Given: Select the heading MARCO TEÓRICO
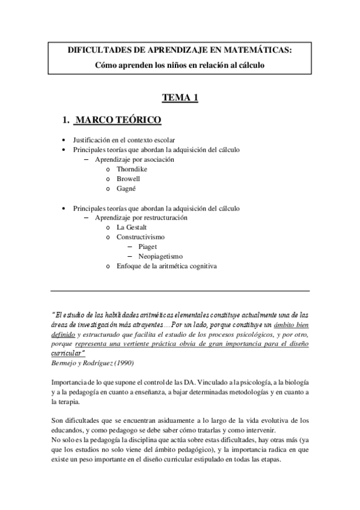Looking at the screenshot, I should pyautogui.click(x=118, y=121).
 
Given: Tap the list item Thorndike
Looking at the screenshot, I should pyautogui.click(x=132, y=170).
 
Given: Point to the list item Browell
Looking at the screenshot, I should pyautogui.click(x=128, y=179).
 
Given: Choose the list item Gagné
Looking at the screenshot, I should pyautogui.click(x=126, y=189).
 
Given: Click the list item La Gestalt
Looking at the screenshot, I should pyautogui.click(x=132, y=227).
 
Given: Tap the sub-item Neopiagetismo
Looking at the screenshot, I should pyautogui.click(x=160, y=256).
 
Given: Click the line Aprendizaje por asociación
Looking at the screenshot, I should pyautogui.click(x=135, y=160).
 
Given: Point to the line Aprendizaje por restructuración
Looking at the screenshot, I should pyautogui.click(x=141, y=218).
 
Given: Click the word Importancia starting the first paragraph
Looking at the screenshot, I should pyautogui.click(x=71, y=382).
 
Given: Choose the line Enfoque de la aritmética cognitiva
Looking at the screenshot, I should pyautogui.click(x=166, y=266).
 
